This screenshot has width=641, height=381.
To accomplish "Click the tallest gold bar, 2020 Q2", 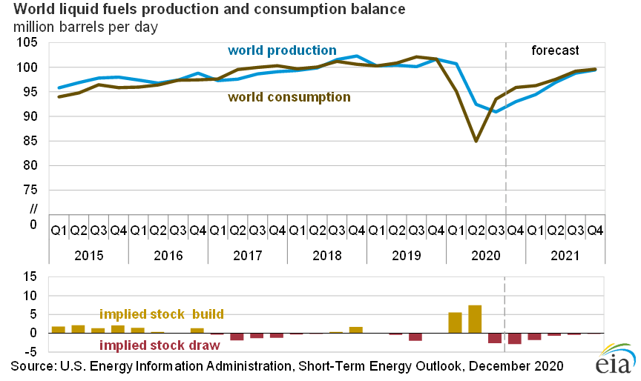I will tap(476, 319).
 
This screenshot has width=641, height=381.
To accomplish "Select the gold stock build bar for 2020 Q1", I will tap(456, 322).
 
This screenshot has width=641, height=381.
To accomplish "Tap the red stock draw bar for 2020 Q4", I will tap(515, 338).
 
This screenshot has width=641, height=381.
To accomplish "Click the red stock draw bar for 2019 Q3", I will tap(415, 337).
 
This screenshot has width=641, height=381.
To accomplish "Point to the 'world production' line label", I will tap(282, 50).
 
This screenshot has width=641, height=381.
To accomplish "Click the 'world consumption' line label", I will tap(289, 96).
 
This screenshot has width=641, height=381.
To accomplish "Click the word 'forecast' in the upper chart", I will tap(555, 50).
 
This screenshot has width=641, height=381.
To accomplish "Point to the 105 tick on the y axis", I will tap(27, 43).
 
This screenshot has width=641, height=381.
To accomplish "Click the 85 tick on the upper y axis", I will tap(30, 141).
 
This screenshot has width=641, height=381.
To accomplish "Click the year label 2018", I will tap(326, 256).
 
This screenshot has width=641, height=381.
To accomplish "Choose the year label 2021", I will tap(565, 256).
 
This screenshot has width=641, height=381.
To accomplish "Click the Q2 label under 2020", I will tap(476, 231).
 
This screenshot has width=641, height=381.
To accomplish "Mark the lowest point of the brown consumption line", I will tap(476, 141).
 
